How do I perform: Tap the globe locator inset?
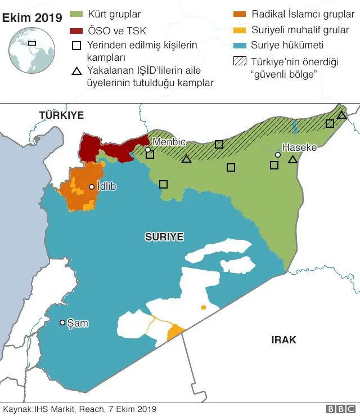tap(29, 51)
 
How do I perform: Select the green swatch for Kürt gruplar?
tap(76, 13)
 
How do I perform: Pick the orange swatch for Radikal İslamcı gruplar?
tap(240, 13)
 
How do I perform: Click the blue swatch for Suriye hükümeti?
tap(240, 45)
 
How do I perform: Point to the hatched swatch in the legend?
tap(240, 61)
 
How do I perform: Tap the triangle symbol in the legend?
tap(76, 71)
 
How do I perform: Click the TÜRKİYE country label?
tap(61, 115)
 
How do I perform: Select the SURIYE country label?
tap(164, 237)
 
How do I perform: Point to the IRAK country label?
tap(283, 340)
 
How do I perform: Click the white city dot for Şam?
tap(62, 323)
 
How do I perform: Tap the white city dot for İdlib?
tap(92, 186)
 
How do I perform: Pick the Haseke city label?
tap(299, 147)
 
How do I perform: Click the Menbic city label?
tap(169, 142)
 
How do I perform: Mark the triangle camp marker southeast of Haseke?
tap(292, 160)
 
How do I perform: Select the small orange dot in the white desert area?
tap(203, 307)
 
